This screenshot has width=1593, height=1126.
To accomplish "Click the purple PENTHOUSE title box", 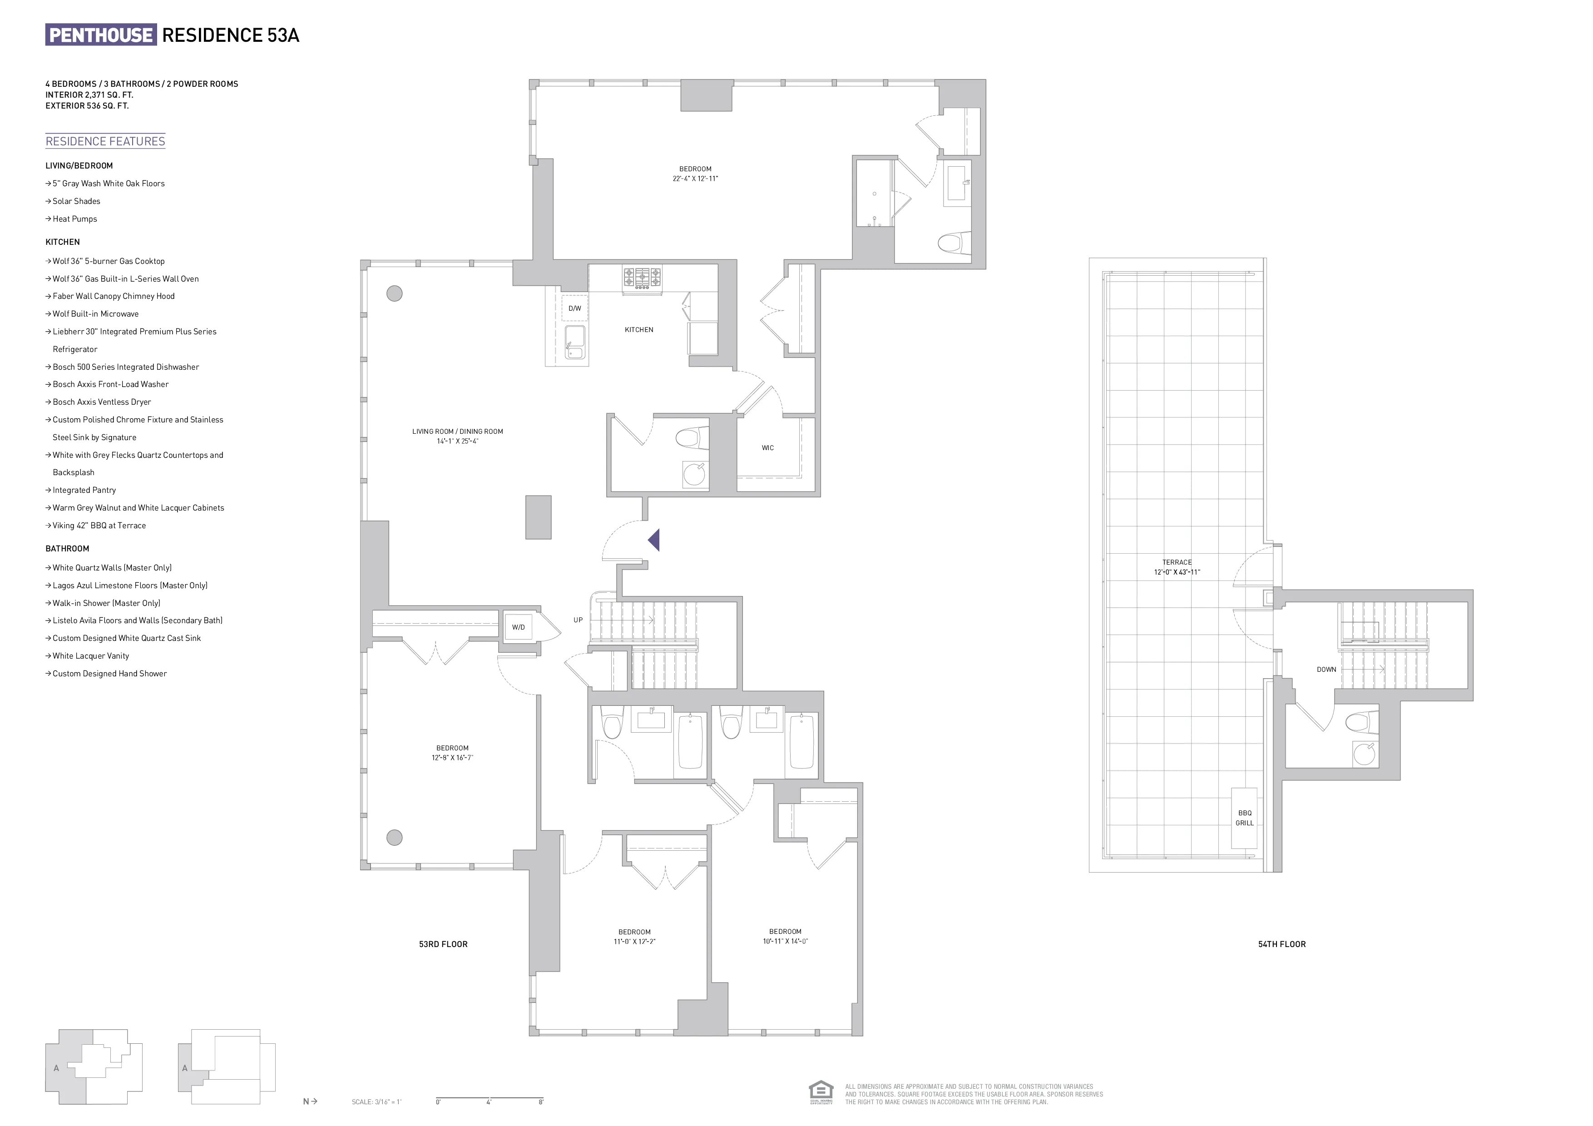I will coord(101,35).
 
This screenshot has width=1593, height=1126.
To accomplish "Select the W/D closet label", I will coord(518,627).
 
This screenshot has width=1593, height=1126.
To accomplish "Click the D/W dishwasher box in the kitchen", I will coord(574,308).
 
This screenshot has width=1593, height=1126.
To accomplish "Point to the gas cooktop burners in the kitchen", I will coord(642,278).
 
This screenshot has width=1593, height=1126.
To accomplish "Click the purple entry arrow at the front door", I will coord(653,540).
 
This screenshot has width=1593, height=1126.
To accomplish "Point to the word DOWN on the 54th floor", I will coord(1326,670).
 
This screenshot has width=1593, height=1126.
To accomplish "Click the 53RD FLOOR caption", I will coord(443,944).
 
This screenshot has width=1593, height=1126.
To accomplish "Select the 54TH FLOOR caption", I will coord(1281,944).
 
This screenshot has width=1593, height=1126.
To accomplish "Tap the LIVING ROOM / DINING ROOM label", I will coord(457,432).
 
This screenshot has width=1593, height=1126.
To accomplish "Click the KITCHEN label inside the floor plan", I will coord(638,330).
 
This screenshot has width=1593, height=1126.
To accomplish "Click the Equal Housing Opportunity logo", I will coord(820,1091).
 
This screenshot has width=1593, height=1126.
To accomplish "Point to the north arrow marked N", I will coord(309,1101).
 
